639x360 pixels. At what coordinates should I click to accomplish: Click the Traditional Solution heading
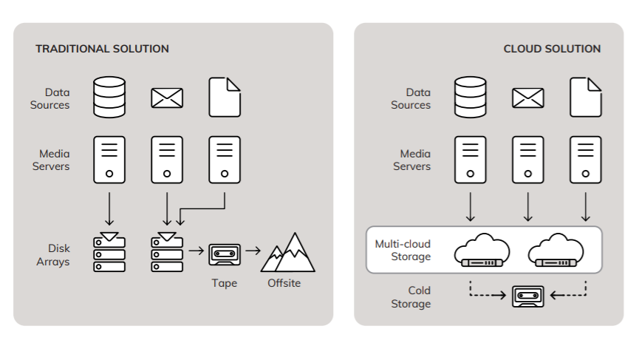[x=102, y=49]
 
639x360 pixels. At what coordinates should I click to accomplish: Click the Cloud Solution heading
[x=552, y=49]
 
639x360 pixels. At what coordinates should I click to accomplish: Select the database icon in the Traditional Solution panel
[x=109, y=98]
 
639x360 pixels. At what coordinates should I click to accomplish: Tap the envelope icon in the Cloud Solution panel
[x=527, y=98]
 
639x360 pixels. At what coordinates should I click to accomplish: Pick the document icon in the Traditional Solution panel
[x=225, y=98]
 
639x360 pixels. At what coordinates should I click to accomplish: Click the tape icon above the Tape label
[x=225, y=253]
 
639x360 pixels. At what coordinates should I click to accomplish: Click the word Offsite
[x=284, y=283]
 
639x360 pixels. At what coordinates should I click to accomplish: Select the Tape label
[x=225, y=283]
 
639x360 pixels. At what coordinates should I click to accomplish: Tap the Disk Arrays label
[x=52, y=255]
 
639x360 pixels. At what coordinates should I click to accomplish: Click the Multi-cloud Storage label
[x=403, y=250]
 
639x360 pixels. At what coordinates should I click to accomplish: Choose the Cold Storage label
[x=409, y=297]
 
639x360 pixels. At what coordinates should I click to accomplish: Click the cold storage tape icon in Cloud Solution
[x=527, y=296]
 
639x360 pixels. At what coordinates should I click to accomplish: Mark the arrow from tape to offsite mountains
[x=253, y=251]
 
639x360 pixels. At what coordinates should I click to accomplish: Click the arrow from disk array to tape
[x=196, y=251]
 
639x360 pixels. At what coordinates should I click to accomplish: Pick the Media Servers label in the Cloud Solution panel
[x=411, y=160]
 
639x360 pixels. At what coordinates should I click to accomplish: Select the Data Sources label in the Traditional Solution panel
[x=50, y=99]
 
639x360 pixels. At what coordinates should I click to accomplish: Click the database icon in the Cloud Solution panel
[x=470, y=98]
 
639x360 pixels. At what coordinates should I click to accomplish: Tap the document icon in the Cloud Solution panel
[x=585, y=98]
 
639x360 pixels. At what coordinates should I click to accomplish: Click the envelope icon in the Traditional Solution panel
[x=167, y=98]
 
